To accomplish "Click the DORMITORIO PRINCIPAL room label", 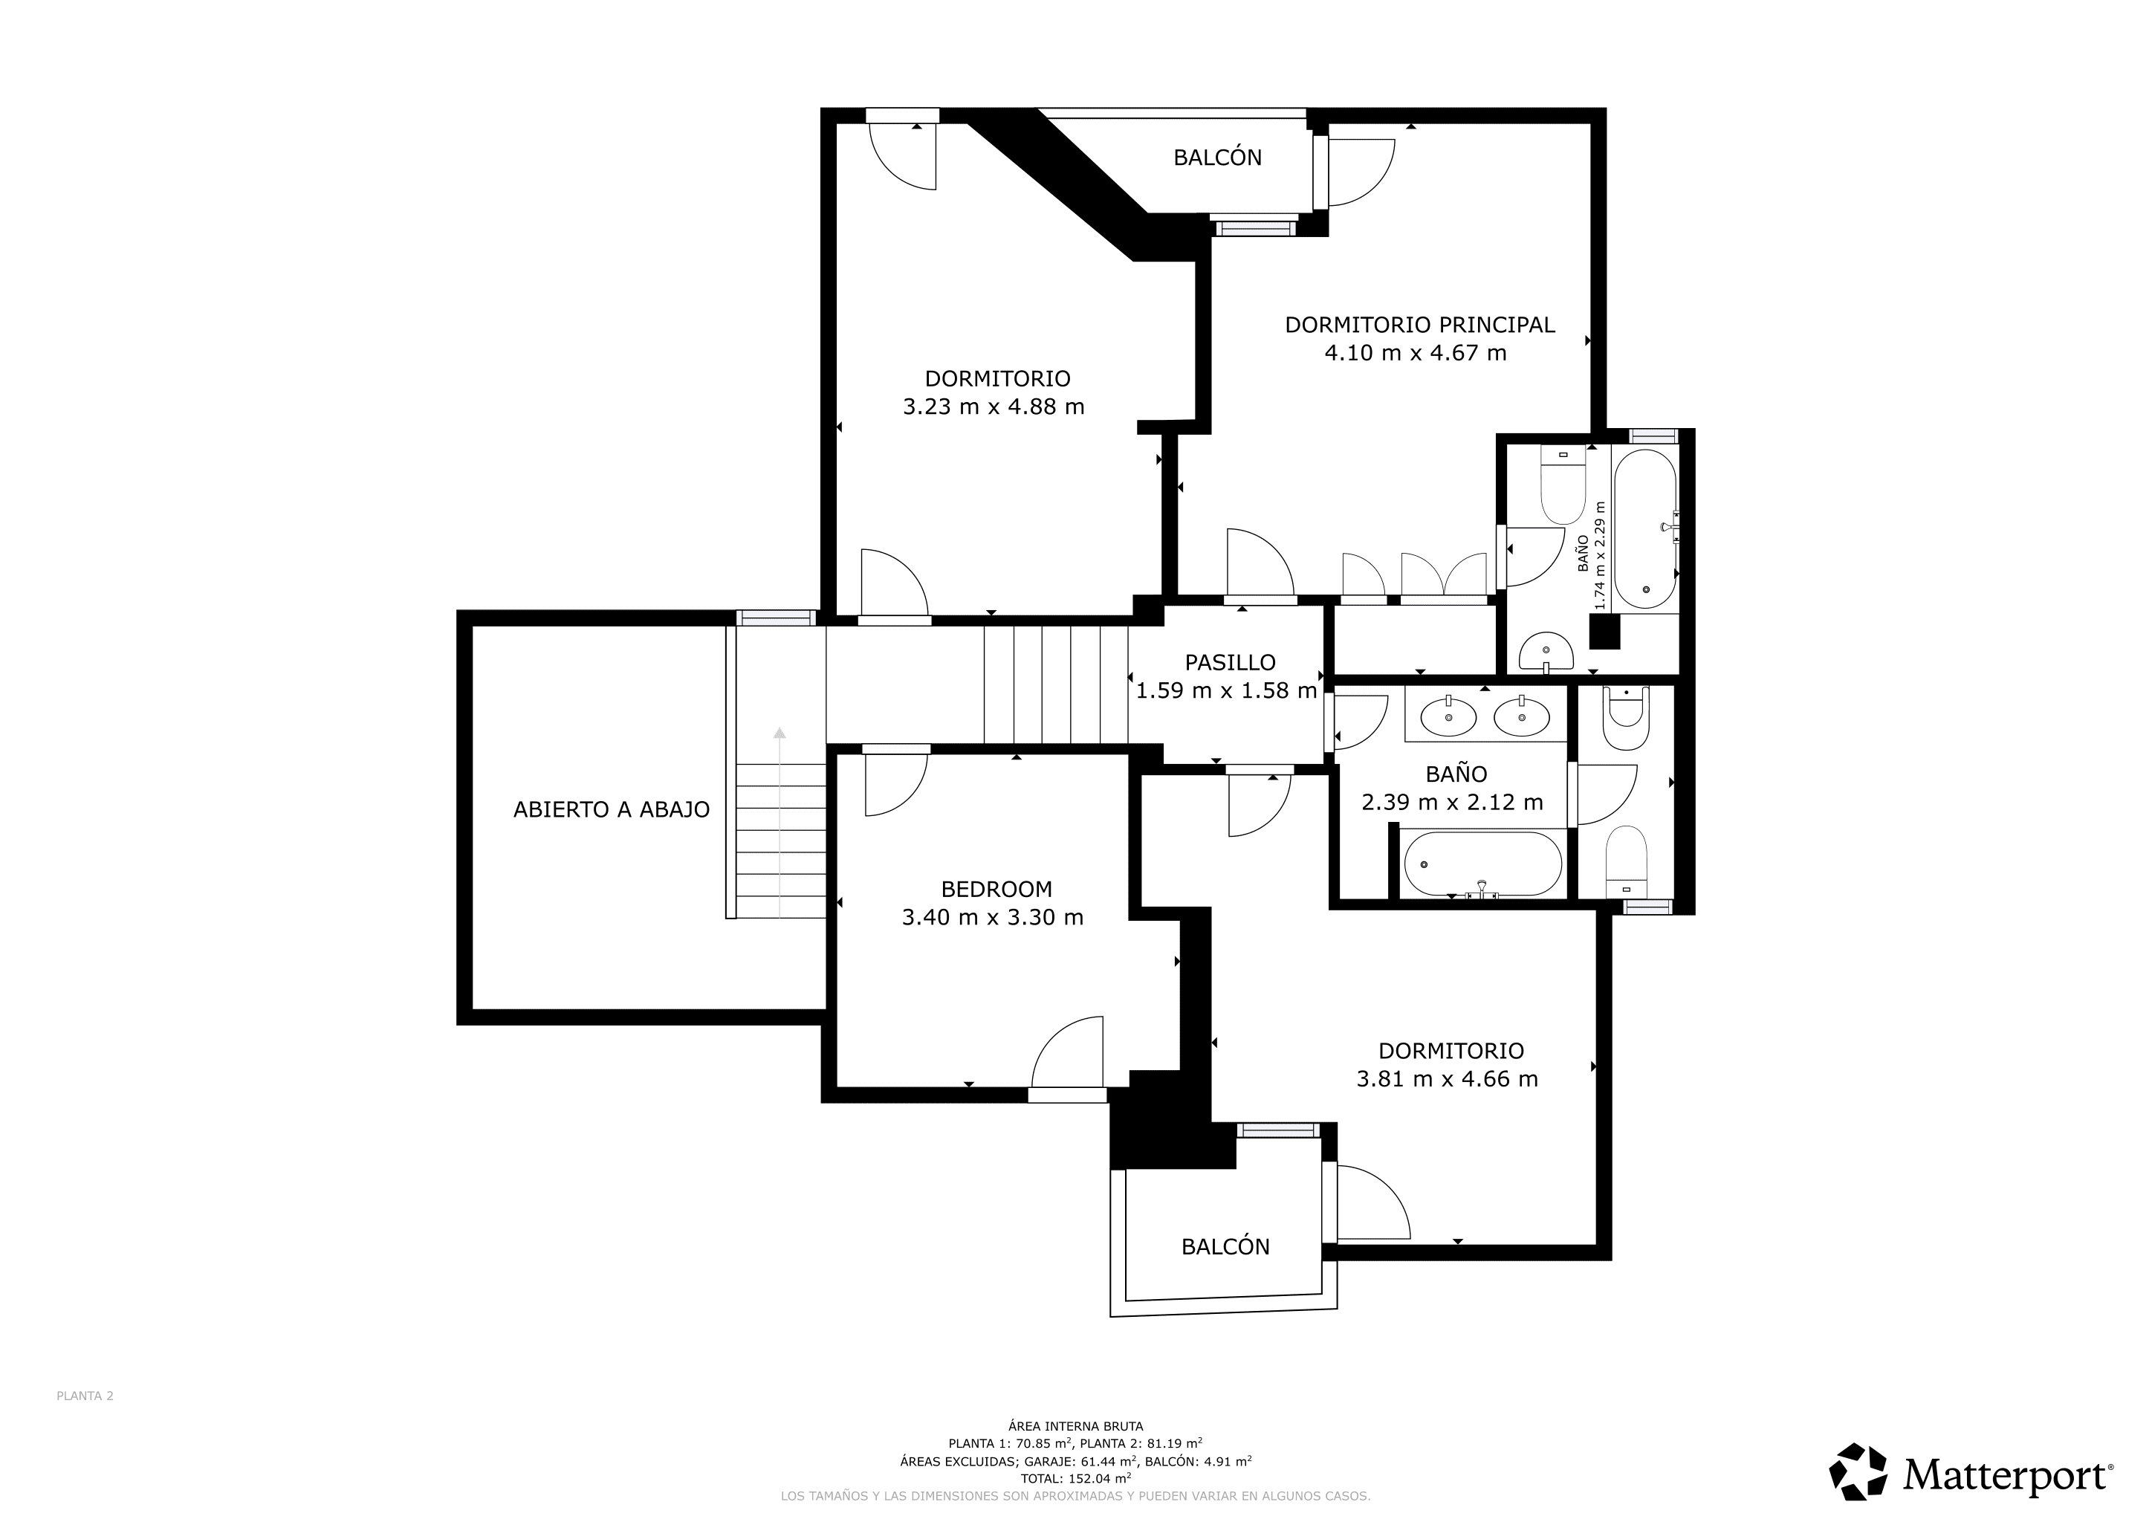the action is click(x=1419, y=326).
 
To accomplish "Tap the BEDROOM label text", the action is click(x=996, y=890).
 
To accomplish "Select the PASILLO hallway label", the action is click(x=1230, y=663).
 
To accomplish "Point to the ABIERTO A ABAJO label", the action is click(x=611, y=810).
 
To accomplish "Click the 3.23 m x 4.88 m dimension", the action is click(x=994, y=407).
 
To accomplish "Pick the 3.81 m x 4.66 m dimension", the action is click(x=1447, y=1079).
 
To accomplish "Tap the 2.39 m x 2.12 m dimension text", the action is click(x=1452, y=802).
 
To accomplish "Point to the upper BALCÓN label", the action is click(x=1217, y=158).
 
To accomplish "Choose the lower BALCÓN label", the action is click(x=1225, y=1246).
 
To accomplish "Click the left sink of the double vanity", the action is click(x=1448, y=718).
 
